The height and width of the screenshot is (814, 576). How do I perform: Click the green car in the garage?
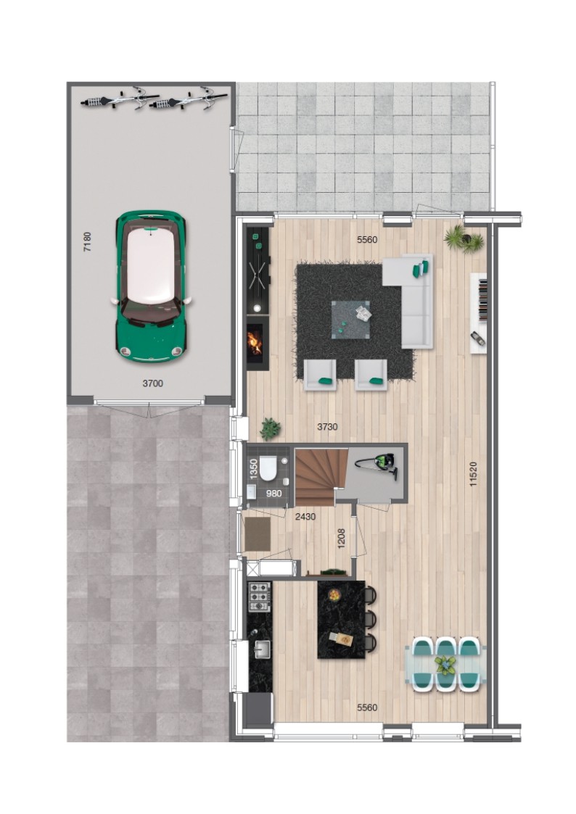click(x=150, y=286)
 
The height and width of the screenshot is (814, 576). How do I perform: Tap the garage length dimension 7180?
click(x=87, y=241)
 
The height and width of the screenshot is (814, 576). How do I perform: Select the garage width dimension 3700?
click(x=152, y=383)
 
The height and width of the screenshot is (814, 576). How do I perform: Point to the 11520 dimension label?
click(x=473, y=474)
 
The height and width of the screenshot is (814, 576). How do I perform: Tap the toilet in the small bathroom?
click(x=268, y=469)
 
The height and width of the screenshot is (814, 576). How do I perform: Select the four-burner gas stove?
click(x=260, y=597)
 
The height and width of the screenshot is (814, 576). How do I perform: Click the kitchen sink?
click(x=262, y=649)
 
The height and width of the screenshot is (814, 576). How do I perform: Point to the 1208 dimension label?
click(x=341, y=539)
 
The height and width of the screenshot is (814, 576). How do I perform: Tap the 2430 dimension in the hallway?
click(x=305, y=517)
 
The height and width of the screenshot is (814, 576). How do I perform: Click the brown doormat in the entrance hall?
click(x=258, y=533)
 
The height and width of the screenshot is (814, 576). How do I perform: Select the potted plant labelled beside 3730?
click(x=270, y=429)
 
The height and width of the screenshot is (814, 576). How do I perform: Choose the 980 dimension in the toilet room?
click(x=273, y=494)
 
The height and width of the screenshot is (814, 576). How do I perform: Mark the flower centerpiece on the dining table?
click(x=445, y=665)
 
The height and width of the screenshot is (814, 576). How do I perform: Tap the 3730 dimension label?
click(x=327, y=427)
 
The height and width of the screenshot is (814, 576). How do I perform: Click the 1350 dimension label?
click(x=254, y=469)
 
